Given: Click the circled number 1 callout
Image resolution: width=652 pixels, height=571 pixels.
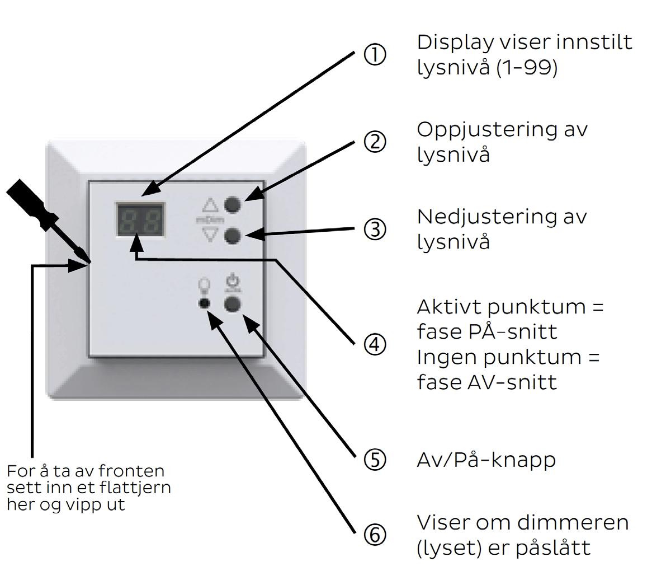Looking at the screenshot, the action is point(375,55).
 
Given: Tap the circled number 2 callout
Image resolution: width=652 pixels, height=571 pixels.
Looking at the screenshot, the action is point(375,142).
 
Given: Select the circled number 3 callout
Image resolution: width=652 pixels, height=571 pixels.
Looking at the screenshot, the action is point(375,230).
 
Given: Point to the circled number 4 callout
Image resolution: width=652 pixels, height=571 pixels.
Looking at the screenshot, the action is point(375,345).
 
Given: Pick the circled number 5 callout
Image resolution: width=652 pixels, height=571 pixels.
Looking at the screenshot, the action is point(375,460).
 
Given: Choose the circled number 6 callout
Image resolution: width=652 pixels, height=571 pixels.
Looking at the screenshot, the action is point(375,535).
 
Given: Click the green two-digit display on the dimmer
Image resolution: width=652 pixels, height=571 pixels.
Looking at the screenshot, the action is point(140,219).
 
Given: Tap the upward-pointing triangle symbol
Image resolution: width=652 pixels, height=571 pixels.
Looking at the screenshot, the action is point(210,205).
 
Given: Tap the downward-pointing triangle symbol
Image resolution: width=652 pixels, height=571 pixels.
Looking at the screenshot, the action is point(210,234).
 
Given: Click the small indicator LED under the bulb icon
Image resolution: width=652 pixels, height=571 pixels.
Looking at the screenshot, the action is point(204,303).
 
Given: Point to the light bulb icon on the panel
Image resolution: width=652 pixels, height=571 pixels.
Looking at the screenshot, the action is point(204,285).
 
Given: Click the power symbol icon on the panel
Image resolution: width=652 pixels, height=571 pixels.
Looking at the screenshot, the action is point(233,283).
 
